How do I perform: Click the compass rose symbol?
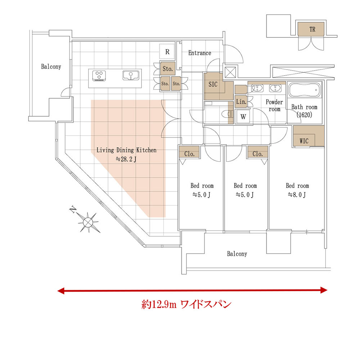tap(87, 221)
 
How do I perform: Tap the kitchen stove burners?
tap(99, 76)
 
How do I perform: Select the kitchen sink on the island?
tap(131, 76)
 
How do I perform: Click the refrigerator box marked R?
tap(167, 51)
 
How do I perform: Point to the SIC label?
tap(213, 84)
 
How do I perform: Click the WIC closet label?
tap(304, 141)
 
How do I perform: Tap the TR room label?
tap(312, 30)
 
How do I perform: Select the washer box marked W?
tap(243, 117)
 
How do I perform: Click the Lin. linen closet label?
tap(241, 102)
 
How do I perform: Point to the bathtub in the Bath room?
tap(304, 90)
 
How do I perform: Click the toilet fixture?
tap(227, 114)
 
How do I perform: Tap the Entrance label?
tap(199, 53)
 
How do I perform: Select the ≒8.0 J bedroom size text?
tap(297, 195)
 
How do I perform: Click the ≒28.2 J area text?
tap(126, 159)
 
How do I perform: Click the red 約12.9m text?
tap(159, 305)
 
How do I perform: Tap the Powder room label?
tap(274, 105)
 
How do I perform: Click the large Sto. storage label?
tap(168, 69)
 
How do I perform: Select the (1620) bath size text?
tap(305, 114)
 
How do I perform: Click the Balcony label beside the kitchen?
tap(51, 67)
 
